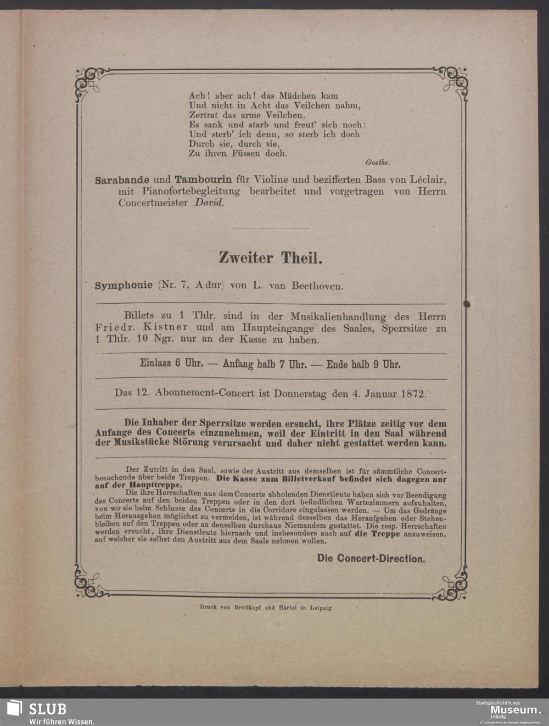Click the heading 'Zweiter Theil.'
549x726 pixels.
[x=270, y=258]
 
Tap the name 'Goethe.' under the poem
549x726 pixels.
[x=377, y=162]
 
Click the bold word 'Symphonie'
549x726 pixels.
[x=124, y=286]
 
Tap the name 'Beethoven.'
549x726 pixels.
[x=317, y=286]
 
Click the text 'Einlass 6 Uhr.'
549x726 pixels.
[x=172, y=364]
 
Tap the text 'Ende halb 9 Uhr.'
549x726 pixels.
[x=363, y=364]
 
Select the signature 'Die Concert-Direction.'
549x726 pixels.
[x=371, y=559]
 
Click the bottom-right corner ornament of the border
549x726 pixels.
[x=453, y=584]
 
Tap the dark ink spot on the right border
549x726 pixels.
[x=467, y=304]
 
